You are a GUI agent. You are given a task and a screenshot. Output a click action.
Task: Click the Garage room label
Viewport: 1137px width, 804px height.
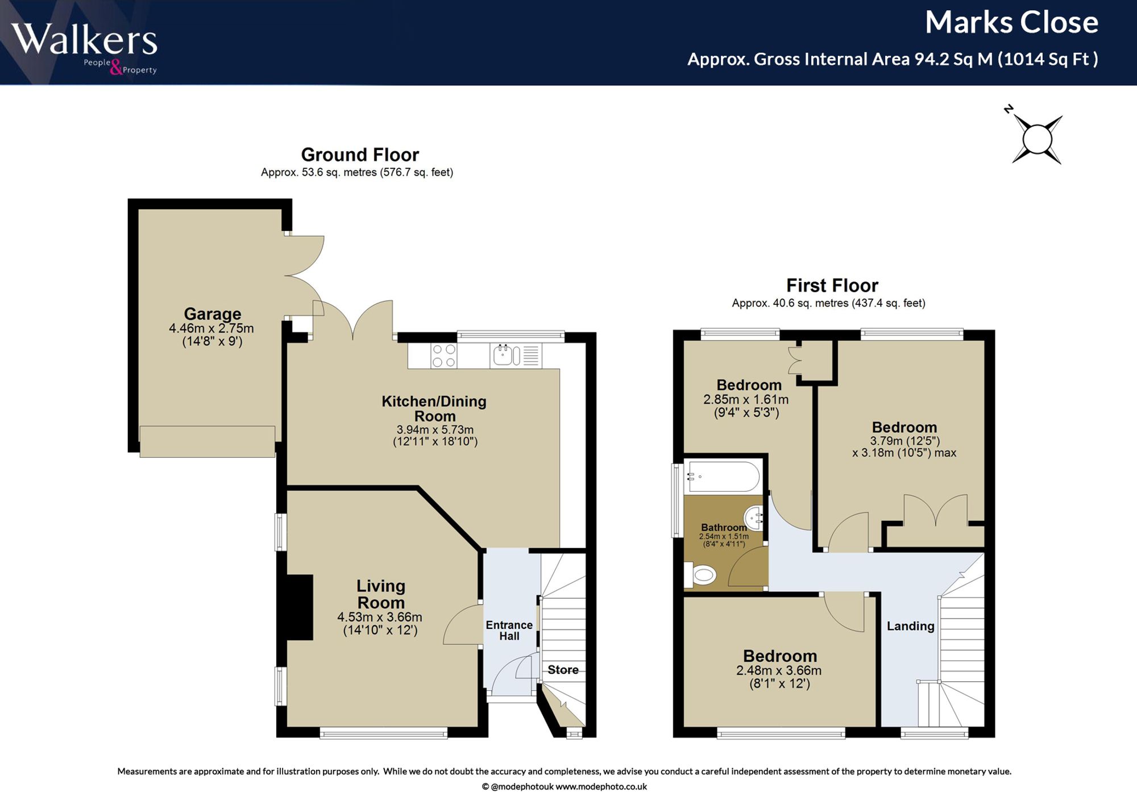click(212, 314)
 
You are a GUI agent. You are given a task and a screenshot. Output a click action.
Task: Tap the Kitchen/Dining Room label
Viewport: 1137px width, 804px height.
click(434, 409)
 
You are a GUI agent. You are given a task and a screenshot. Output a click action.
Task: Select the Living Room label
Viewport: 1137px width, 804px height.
click(381, 594)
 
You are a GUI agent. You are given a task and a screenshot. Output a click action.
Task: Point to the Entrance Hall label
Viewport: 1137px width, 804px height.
click(509, 631)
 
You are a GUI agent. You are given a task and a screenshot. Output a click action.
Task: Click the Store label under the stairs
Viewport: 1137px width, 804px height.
click(563, 670)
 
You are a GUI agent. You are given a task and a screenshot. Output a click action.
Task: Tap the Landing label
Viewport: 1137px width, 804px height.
click(911, 626)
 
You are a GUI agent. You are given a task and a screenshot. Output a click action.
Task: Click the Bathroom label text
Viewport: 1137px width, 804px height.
click(724, 528)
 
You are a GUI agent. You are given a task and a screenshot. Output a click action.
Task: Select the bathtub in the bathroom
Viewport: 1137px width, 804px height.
click(724, 476)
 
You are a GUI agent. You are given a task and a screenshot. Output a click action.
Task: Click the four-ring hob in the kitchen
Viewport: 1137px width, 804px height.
click(443, 356)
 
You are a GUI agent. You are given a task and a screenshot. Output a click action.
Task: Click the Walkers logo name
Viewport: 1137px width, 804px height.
click(84, 40)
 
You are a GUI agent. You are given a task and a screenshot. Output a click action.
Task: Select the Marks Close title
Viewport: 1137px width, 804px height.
click(1011, 23)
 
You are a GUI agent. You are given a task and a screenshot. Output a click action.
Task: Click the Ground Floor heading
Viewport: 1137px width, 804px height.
click(360, 155)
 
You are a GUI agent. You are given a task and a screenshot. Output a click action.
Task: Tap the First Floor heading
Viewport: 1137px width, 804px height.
click(832, 285)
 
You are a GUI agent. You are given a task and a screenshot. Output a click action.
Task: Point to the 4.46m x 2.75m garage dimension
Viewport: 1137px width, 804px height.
click(211, 329)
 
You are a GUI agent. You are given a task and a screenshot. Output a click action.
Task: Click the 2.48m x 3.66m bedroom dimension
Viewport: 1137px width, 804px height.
click(779, 671)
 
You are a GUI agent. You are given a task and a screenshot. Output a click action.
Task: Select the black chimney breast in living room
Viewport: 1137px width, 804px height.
click(300, 607)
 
